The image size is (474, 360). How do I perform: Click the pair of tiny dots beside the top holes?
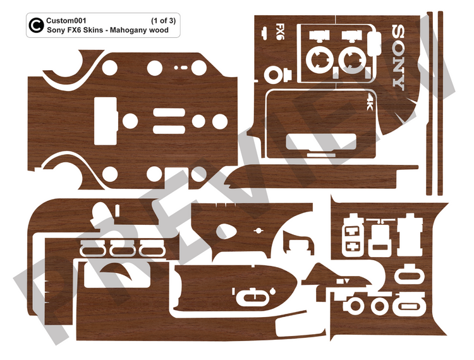click(180, 66)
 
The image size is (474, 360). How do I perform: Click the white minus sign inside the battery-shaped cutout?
click(351, 231)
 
